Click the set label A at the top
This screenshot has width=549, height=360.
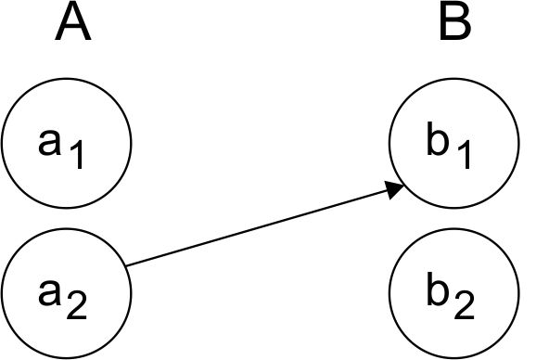click(72, 23)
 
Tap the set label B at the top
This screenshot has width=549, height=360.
click(455, 23)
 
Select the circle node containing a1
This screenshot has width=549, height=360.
click(66, 144)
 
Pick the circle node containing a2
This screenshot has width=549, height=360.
click(66, 292)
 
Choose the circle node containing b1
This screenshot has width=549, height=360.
click(453, 144)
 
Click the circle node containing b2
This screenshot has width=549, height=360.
click(453, 292)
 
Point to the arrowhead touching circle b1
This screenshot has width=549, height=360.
click(394, 189)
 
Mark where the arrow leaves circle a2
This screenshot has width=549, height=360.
click(126, 266)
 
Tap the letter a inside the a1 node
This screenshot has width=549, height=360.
click(51, 140)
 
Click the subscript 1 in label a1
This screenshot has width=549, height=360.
click(78, 155)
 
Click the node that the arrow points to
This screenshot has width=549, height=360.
click(453, 144)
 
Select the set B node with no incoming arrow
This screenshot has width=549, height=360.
click(453, 292)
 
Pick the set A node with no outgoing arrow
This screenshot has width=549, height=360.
click(66, 144)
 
